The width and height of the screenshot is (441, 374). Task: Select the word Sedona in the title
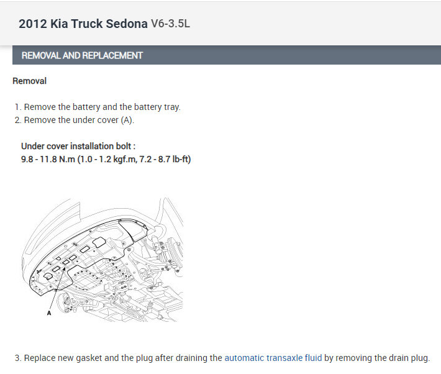(127, 24)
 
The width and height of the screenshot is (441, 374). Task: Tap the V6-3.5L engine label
(170, 24)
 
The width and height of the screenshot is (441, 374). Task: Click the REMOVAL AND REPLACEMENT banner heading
(82, 55)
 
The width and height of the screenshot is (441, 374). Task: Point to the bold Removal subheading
(30, 81)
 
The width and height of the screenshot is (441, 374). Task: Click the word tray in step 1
(172, 107)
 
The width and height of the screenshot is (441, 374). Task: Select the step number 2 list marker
(18, 120)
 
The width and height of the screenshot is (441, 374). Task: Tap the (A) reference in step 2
(127, 120)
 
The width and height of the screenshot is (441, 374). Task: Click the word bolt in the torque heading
(124, 147)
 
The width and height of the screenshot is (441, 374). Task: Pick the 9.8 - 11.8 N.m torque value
(48, 159)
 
